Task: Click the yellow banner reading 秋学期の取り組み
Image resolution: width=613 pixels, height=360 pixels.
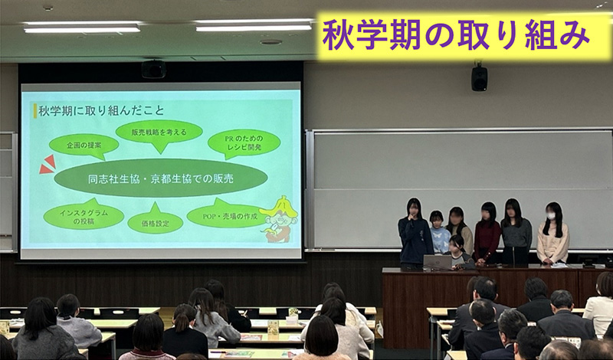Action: pyautogui.click(x=464, y=36)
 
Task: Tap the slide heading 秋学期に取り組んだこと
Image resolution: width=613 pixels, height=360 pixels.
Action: pyautogui.click(x=101, y=110)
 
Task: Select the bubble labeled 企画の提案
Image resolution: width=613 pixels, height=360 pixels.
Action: pyautogui.click(x=84, y=146)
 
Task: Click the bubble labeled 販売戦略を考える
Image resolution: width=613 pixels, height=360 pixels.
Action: pyautogui.click(x=159, y=133)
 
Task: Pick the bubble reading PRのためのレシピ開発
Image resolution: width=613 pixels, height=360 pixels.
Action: pyautogui.click(x=244, y=143)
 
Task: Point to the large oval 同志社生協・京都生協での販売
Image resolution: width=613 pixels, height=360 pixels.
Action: pyautogui.click(x=161, y=178)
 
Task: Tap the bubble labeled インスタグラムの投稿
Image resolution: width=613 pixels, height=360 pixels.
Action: pyautogui.click(x=84, y=217)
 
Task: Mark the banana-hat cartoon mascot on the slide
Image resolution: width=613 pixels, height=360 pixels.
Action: pyautogui.click(x=279, y=219)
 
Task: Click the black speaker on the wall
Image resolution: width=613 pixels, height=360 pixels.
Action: pyautogui.click(x=480, y=77)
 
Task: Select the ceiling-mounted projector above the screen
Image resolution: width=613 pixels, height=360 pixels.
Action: pyautogui.click(x=154, y=69)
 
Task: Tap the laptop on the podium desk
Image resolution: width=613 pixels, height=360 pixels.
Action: pyautogui.click(x=438, y=262)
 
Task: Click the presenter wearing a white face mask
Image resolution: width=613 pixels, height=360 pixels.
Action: pyautogui.click(x=552, y=234)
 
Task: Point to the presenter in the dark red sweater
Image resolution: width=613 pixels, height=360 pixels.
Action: pyautogui.click(x=487, y=234)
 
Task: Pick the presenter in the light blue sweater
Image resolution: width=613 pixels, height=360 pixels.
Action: pyautogui.click(x=439, y=232)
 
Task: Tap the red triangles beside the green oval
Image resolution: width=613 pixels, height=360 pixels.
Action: pyautogui.click(x=48, y=165)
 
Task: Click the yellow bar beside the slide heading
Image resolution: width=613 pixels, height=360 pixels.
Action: pyautogui.click(x=35, y=110)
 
